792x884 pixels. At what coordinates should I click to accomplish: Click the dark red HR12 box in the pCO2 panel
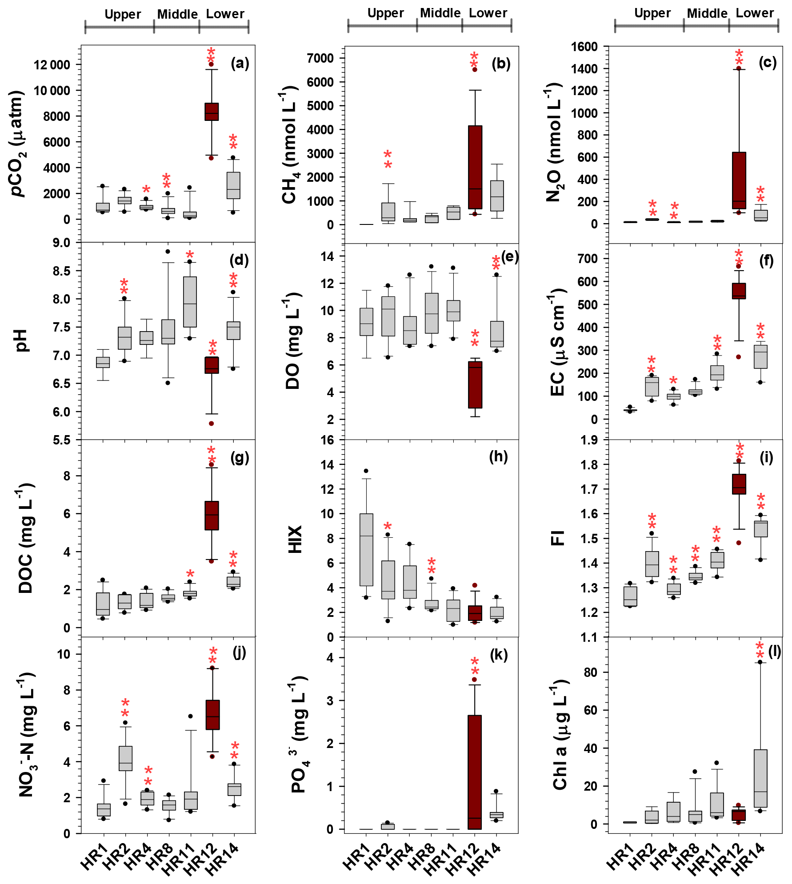pos(212,112)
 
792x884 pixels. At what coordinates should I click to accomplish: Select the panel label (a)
pos(240,64)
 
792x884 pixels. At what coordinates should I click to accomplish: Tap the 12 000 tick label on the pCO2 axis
pos(52,65)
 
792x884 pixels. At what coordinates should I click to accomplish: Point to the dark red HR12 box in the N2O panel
pos(739,180)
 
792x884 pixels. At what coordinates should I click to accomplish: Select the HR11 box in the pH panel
pos(190,302)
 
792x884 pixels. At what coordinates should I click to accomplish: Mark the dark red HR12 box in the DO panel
pos(475,384)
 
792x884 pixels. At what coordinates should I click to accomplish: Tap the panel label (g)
pos(240,457)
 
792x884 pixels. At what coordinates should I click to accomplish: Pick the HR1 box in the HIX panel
pos(366,550)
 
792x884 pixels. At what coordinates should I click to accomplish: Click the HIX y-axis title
pos(296,539)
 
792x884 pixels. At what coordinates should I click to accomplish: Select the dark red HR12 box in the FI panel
pos(739,484)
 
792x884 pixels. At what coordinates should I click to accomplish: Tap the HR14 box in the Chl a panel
pos(760,778)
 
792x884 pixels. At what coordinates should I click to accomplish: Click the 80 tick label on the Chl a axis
pos(591,672)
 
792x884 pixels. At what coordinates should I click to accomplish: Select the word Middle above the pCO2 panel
pos(177,14)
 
